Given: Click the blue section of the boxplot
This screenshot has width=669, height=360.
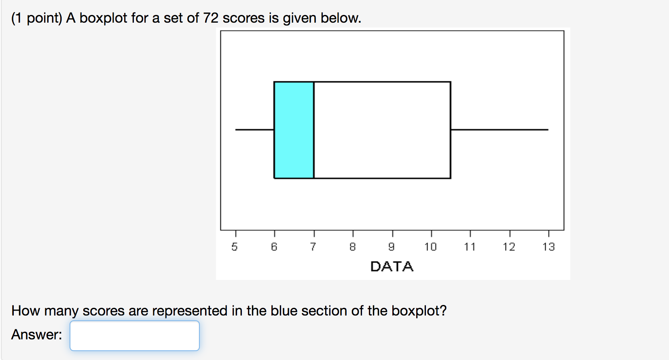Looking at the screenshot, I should point(294,130).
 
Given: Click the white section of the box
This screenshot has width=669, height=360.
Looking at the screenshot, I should point(382,130).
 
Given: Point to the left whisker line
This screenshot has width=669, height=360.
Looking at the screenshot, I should point(254,130).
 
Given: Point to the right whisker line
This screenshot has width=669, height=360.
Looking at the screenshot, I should point(500,130).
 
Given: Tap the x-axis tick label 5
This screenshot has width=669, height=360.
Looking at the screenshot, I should point(235,247).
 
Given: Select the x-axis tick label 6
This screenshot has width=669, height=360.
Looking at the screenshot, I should point(274,247).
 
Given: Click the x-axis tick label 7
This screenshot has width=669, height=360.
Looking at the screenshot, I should point(313,247).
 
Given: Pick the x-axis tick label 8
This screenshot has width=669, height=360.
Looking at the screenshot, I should point(353,247).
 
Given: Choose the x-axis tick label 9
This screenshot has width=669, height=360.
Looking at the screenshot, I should point(392,247).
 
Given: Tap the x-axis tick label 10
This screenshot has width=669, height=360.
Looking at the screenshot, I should point(430,247).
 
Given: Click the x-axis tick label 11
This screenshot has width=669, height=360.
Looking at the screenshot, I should point(470,247).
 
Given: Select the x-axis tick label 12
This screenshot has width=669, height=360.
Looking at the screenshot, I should point(509,247).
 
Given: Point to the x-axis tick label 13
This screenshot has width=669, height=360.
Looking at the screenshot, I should point(548,247).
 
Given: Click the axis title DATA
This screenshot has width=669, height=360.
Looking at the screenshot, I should point(392,267).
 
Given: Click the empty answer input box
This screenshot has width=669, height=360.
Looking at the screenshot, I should point(135,336).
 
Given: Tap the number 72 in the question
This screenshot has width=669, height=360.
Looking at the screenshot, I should point(211,18).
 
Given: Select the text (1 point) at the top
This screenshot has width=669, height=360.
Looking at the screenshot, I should point(37,18).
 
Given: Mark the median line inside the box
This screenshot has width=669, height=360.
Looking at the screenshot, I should point(314,130).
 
